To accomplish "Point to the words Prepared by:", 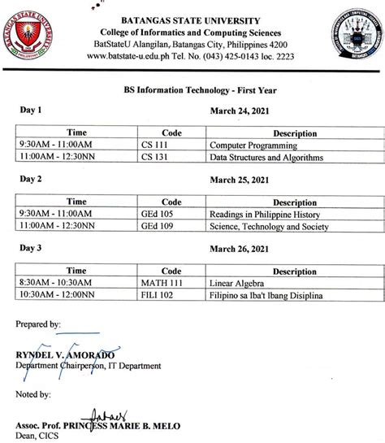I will [37, 324].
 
